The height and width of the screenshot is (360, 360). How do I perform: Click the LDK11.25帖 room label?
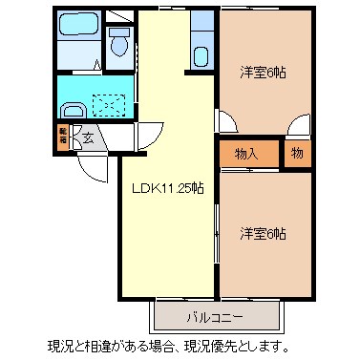[x=167, y=189]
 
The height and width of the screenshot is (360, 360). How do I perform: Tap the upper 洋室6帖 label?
[x=264, y=72]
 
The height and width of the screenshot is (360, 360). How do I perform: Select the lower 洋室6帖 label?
[x=264, y=233]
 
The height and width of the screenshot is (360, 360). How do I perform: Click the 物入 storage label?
[x=247, y=153]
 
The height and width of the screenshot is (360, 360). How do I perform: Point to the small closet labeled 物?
[x=297, y=152]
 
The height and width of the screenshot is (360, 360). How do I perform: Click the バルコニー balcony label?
[x=216, y=315]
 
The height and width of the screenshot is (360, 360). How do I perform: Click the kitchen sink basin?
[x=201, y=53]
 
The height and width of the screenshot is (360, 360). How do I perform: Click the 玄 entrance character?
[x=87, y=138]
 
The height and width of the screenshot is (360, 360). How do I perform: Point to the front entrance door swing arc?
[x=91, y=169]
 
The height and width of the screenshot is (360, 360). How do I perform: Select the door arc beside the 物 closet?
[x=299, y=124]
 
